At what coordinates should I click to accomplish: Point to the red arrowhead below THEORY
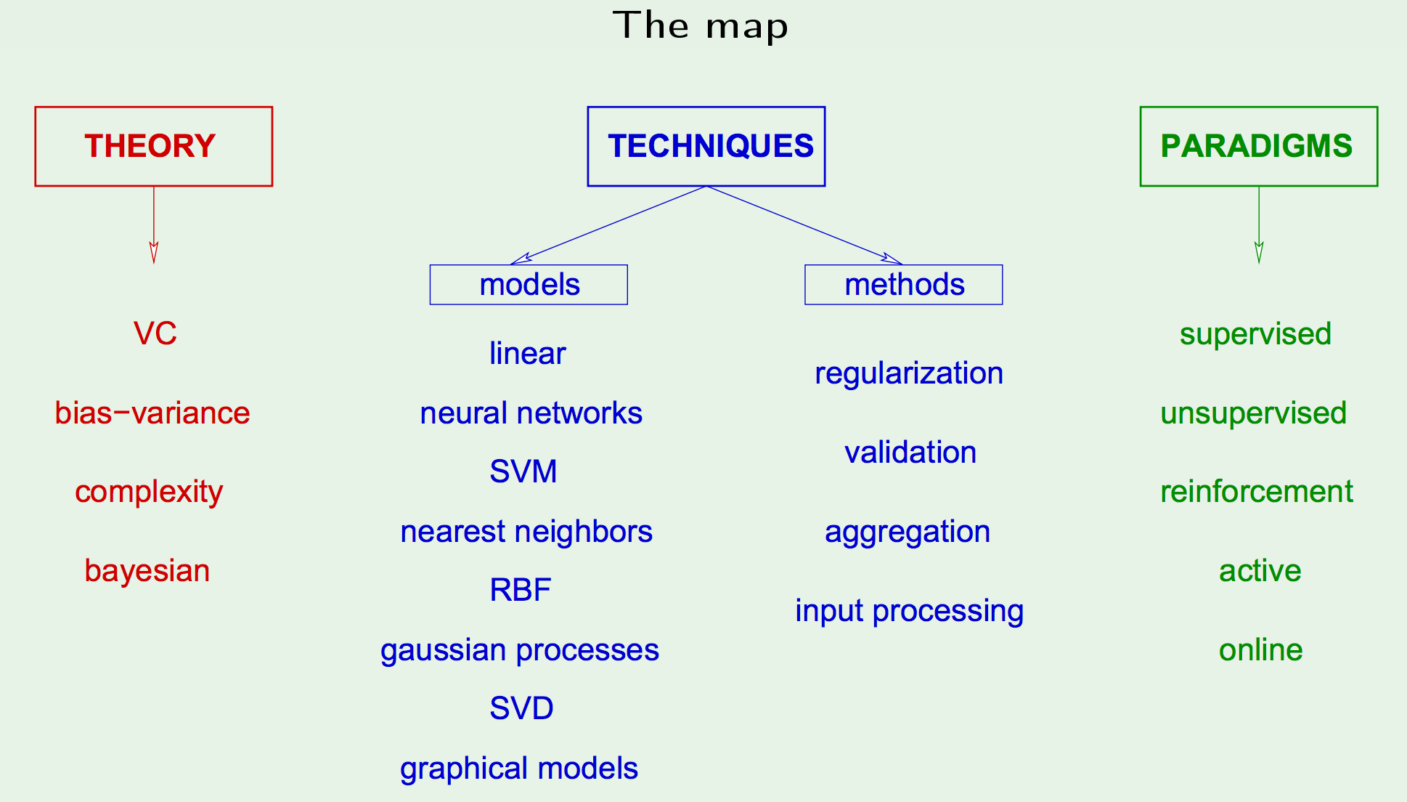(x=154, y=252)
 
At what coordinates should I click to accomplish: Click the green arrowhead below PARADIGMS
(x=1259, y=252)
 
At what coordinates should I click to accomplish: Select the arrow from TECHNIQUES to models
(x=608, y=225)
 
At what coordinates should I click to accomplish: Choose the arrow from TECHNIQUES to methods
(x=804, y=225)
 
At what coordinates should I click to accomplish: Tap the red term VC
(x=155, y=333)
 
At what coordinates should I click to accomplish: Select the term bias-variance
(x=152, y=413)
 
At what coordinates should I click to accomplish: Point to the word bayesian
(x=147, y=571)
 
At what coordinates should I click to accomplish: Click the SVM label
(x=523, y=471)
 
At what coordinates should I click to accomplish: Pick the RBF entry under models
(x=521, y=590)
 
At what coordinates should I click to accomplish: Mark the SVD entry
(x=522, y=708)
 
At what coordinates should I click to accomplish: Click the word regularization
(x=909, y=373)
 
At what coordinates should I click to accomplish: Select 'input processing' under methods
(x=910, y=611)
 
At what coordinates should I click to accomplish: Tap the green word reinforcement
(x=1257, y=492)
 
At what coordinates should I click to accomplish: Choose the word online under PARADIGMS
(x=1261, y=650)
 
